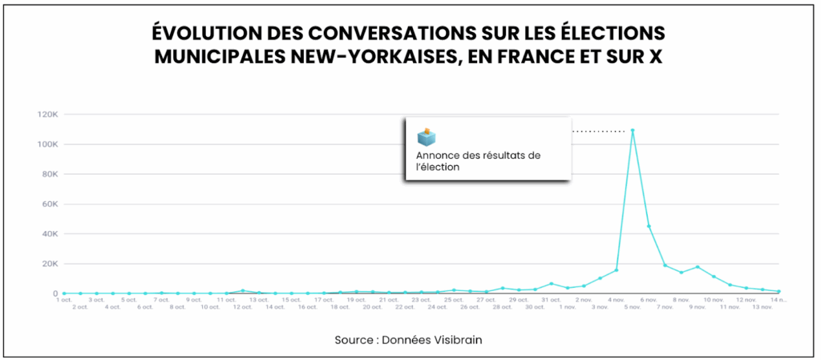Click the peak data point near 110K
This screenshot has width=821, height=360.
[633, 131]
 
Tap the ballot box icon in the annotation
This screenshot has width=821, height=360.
[427, 137]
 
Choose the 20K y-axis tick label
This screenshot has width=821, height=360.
[49, 264]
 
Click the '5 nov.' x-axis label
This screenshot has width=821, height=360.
[633, 306]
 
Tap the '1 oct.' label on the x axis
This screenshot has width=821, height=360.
[64, 300]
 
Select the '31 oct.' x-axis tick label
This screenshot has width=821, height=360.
[551, 300]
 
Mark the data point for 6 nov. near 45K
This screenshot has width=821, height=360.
[649, 226]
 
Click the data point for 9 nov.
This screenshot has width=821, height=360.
[698, 267]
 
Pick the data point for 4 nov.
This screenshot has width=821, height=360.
[616, 270]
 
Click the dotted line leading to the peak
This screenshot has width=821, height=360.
[597, 131]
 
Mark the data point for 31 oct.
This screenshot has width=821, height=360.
[551, 284]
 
